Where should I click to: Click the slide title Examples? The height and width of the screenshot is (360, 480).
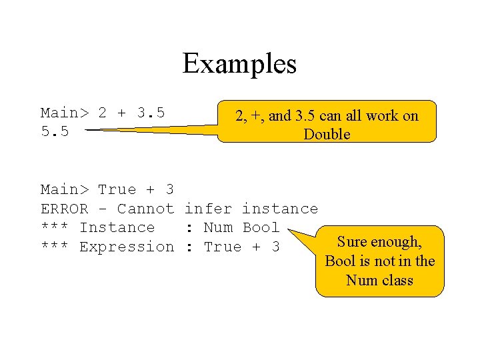point(239,64)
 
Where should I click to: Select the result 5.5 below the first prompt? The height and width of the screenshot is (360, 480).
point(55,131)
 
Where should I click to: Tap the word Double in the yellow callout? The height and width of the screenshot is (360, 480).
point(327,135)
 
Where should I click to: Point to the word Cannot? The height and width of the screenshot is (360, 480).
point(145,209)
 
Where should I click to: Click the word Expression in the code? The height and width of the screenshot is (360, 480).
point(126,247)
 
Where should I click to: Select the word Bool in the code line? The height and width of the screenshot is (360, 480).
point(261,227)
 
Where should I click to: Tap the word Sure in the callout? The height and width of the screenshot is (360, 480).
point(351,242)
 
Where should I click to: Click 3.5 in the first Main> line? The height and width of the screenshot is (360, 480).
point(151,113)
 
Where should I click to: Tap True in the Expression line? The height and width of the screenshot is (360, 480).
point(223,247)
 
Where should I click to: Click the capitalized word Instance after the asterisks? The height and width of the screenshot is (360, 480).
point(117,227)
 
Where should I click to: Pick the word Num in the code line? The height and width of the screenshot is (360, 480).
point(217,227)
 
